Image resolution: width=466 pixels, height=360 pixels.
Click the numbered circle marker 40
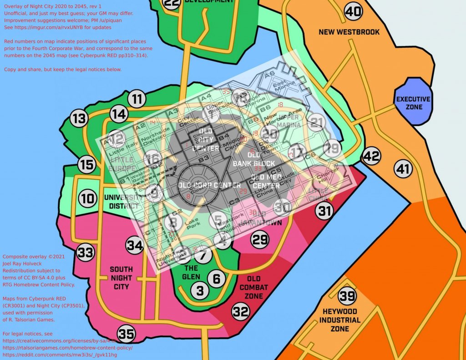click(353, 11)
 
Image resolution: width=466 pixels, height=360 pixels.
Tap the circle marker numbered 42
click(371, 157)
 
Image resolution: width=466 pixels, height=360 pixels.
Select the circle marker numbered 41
click(402, 169)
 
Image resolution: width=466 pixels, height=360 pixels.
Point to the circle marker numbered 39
click(347, 297)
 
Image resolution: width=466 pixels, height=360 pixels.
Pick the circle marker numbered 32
click(241, 312)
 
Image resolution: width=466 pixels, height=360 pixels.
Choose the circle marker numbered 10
click(87, 199)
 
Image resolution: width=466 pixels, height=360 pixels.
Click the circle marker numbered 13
click(79, 119)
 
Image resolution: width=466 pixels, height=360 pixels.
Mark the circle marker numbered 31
click(324, 211)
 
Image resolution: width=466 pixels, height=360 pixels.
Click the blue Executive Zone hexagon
click(412, 102)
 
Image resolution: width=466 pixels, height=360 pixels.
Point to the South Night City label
click(121, 278)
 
